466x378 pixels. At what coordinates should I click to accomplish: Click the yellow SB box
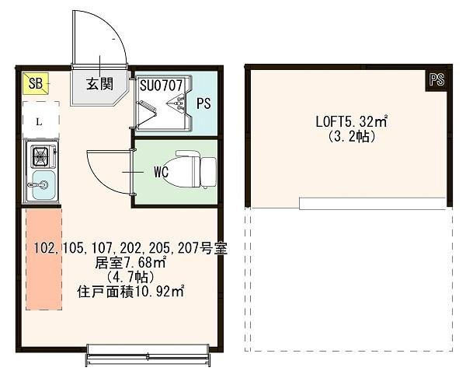(x=37, y=83)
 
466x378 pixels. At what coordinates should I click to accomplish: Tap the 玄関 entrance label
(x=98, y=84)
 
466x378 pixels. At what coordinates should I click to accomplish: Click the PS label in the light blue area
(x=203, y=103)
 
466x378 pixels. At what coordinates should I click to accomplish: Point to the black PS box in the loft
(x=436, y=79)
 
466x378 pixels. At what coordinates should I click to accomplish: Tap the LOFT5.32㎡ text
(x=351, y=121)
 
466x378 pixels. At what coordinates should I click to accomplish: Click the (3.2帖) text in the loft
(x=351, y=136)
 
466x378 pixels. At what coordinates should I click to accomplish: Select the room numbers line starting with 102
(x=130, y=249)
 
